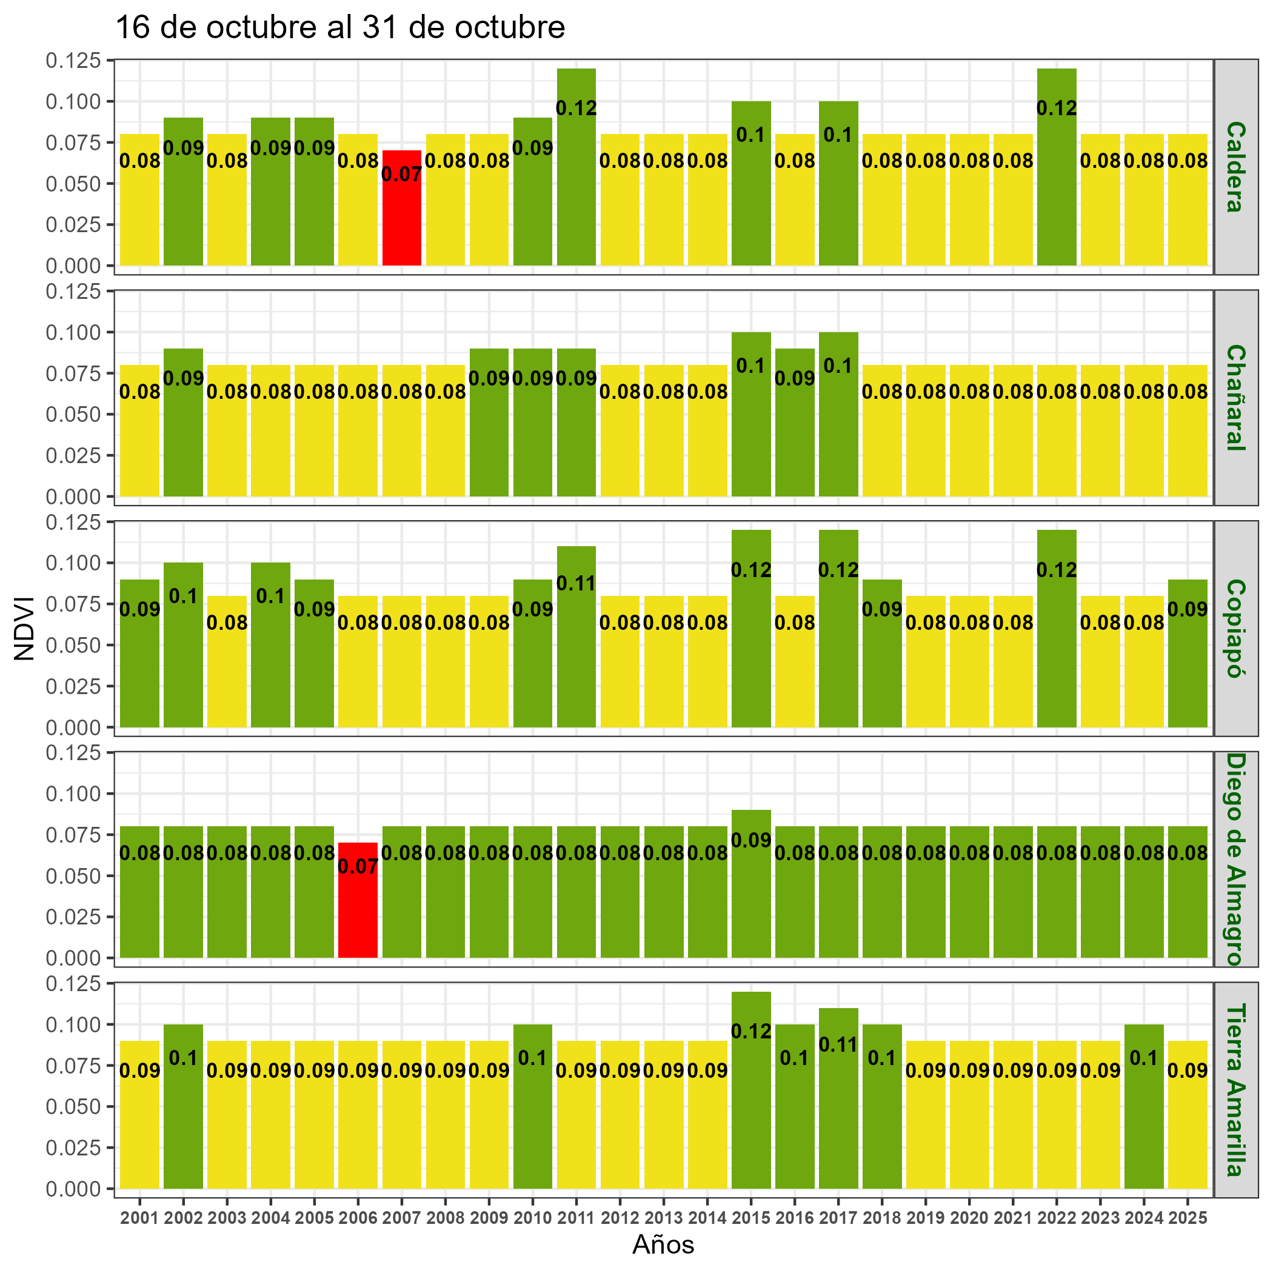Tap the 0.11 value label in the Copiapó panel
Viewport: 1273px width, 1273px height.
576,583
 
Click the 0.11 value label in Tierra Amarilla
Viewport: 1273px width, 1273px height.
838,1044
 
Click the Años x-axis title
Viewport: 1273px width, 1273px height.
664,1245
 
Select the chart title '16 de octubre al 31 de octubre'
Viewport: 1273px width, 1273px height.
340,28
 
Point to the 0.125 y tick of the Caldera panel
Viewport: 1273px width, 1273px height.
73,61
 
